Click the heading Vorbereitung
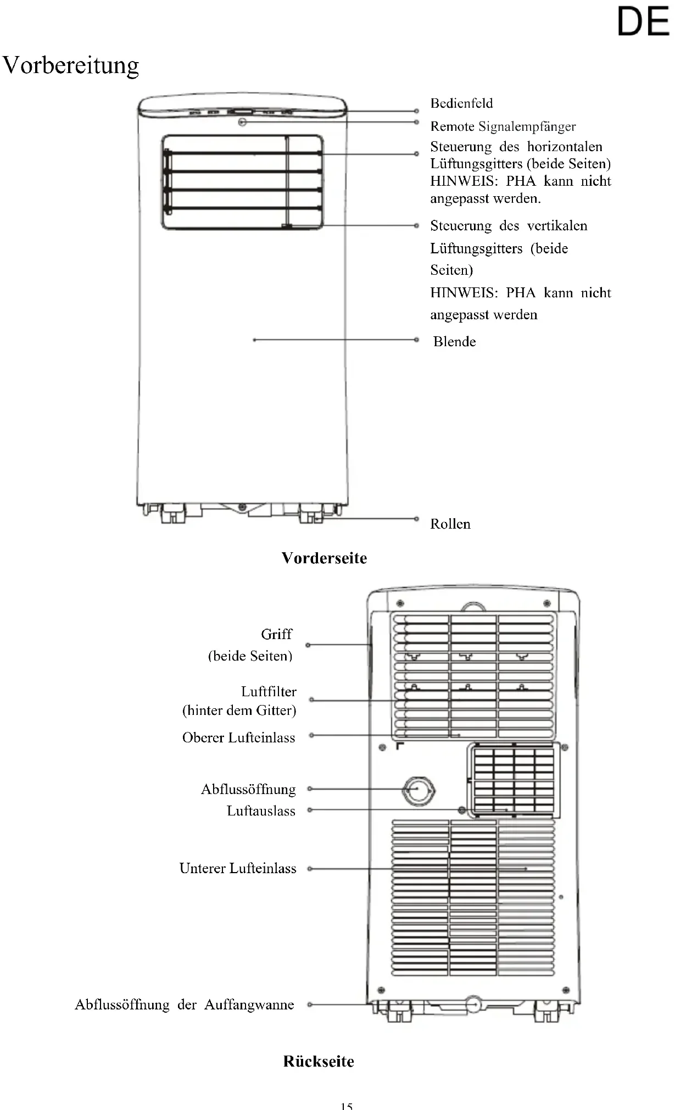pos(71,66)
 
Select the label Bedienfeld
pos(461,103)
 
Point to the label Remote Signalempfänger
pos(503,126)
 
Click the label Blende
pos(454,342)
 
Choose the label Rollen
pos(450,524)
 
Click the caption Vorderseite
pos(324,558)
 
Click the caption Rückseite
pos(319,1061)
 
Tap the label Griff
pos(276,634)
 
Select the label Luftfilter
pos(269,691)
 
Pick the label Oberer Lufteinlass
pos(238,737)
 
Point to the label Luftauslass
pos(261,811)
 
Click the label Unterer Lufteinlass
pos(237,868)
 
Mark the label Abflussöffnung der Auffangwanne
pos(185,1004)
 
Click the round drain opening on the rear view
pos(419,790)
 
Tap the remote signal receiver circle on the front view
pos(242,122)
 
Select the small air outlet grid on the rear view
pos(514,780)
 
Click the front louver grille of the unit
pos(242,182)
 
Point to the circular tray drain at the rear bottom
pos(473,1004)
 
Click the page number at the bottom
pos(346,1106)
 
